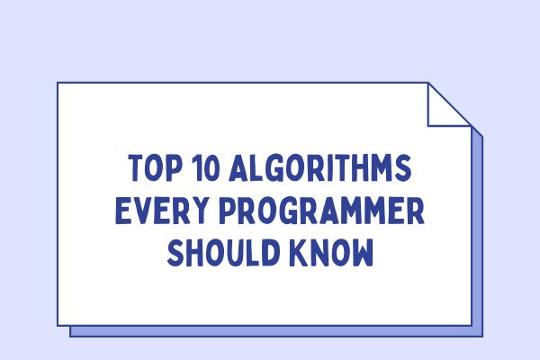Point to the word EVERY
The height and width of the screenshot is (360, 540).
point(155,212)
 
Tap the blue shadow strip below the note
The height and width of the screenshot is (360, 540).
point(270,330)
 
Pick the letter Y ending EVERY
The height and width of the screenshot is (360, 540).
point(190,212)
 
